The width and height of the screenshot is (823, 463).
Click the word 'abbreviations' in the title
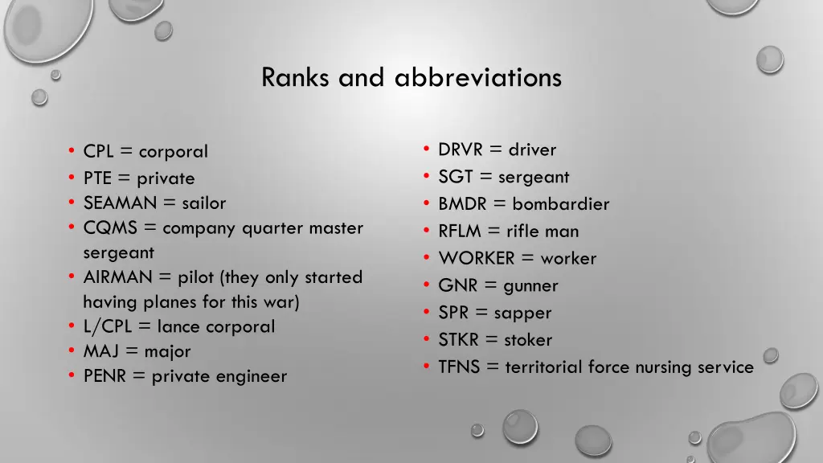478,78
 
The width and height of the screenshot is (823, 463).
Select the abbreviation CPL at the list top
98,152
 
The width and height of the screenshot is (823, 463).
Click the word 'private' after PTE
166,178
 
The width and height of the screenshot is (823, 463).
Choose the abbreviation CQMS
110,228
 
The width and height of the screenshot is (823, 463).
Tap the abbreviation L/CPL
109,327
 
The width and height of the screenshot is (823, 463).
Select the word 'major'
168,352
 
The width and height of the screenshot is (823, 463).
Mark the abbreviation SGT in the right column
455,178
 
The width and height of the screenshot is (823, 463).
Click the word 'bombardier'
561,204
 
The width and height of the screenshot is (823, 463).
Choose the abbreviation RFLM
460,231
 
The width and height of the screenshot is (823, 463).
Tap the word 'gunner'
530,286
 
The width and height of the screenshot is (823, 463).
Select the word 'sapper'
522,313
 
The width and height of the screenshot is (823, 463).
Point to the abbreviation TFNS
458,367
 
